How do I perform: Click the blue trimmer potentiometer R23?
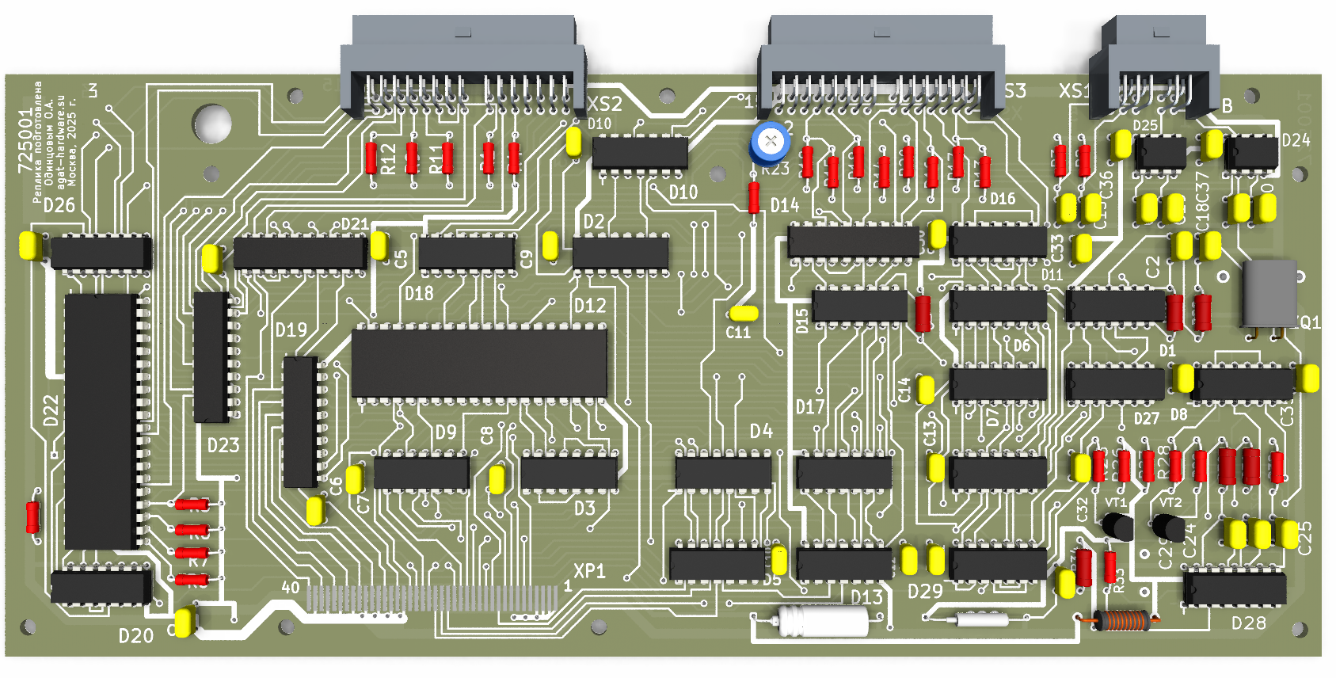770,143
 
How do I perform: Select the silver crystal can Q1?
1269,293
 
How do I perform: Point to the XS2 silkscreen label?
604,104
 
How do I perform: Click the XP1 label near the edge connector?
589,571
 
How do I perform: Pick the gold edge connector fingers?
432,598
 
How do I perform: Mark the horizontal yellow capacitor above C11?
743,313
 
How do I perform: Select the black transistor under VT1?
1117,525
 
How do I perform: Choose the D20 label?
135,635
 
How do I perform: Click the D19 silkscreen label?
291,329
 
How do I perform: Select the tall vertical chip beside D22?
102,421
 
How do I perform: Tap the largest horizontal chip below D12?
479,363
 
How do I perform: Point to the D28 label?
1248,623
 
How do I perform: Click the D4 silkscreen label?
761,431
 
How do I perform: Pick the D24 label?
1296,140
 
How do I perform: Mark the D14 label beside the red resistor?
785,205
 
